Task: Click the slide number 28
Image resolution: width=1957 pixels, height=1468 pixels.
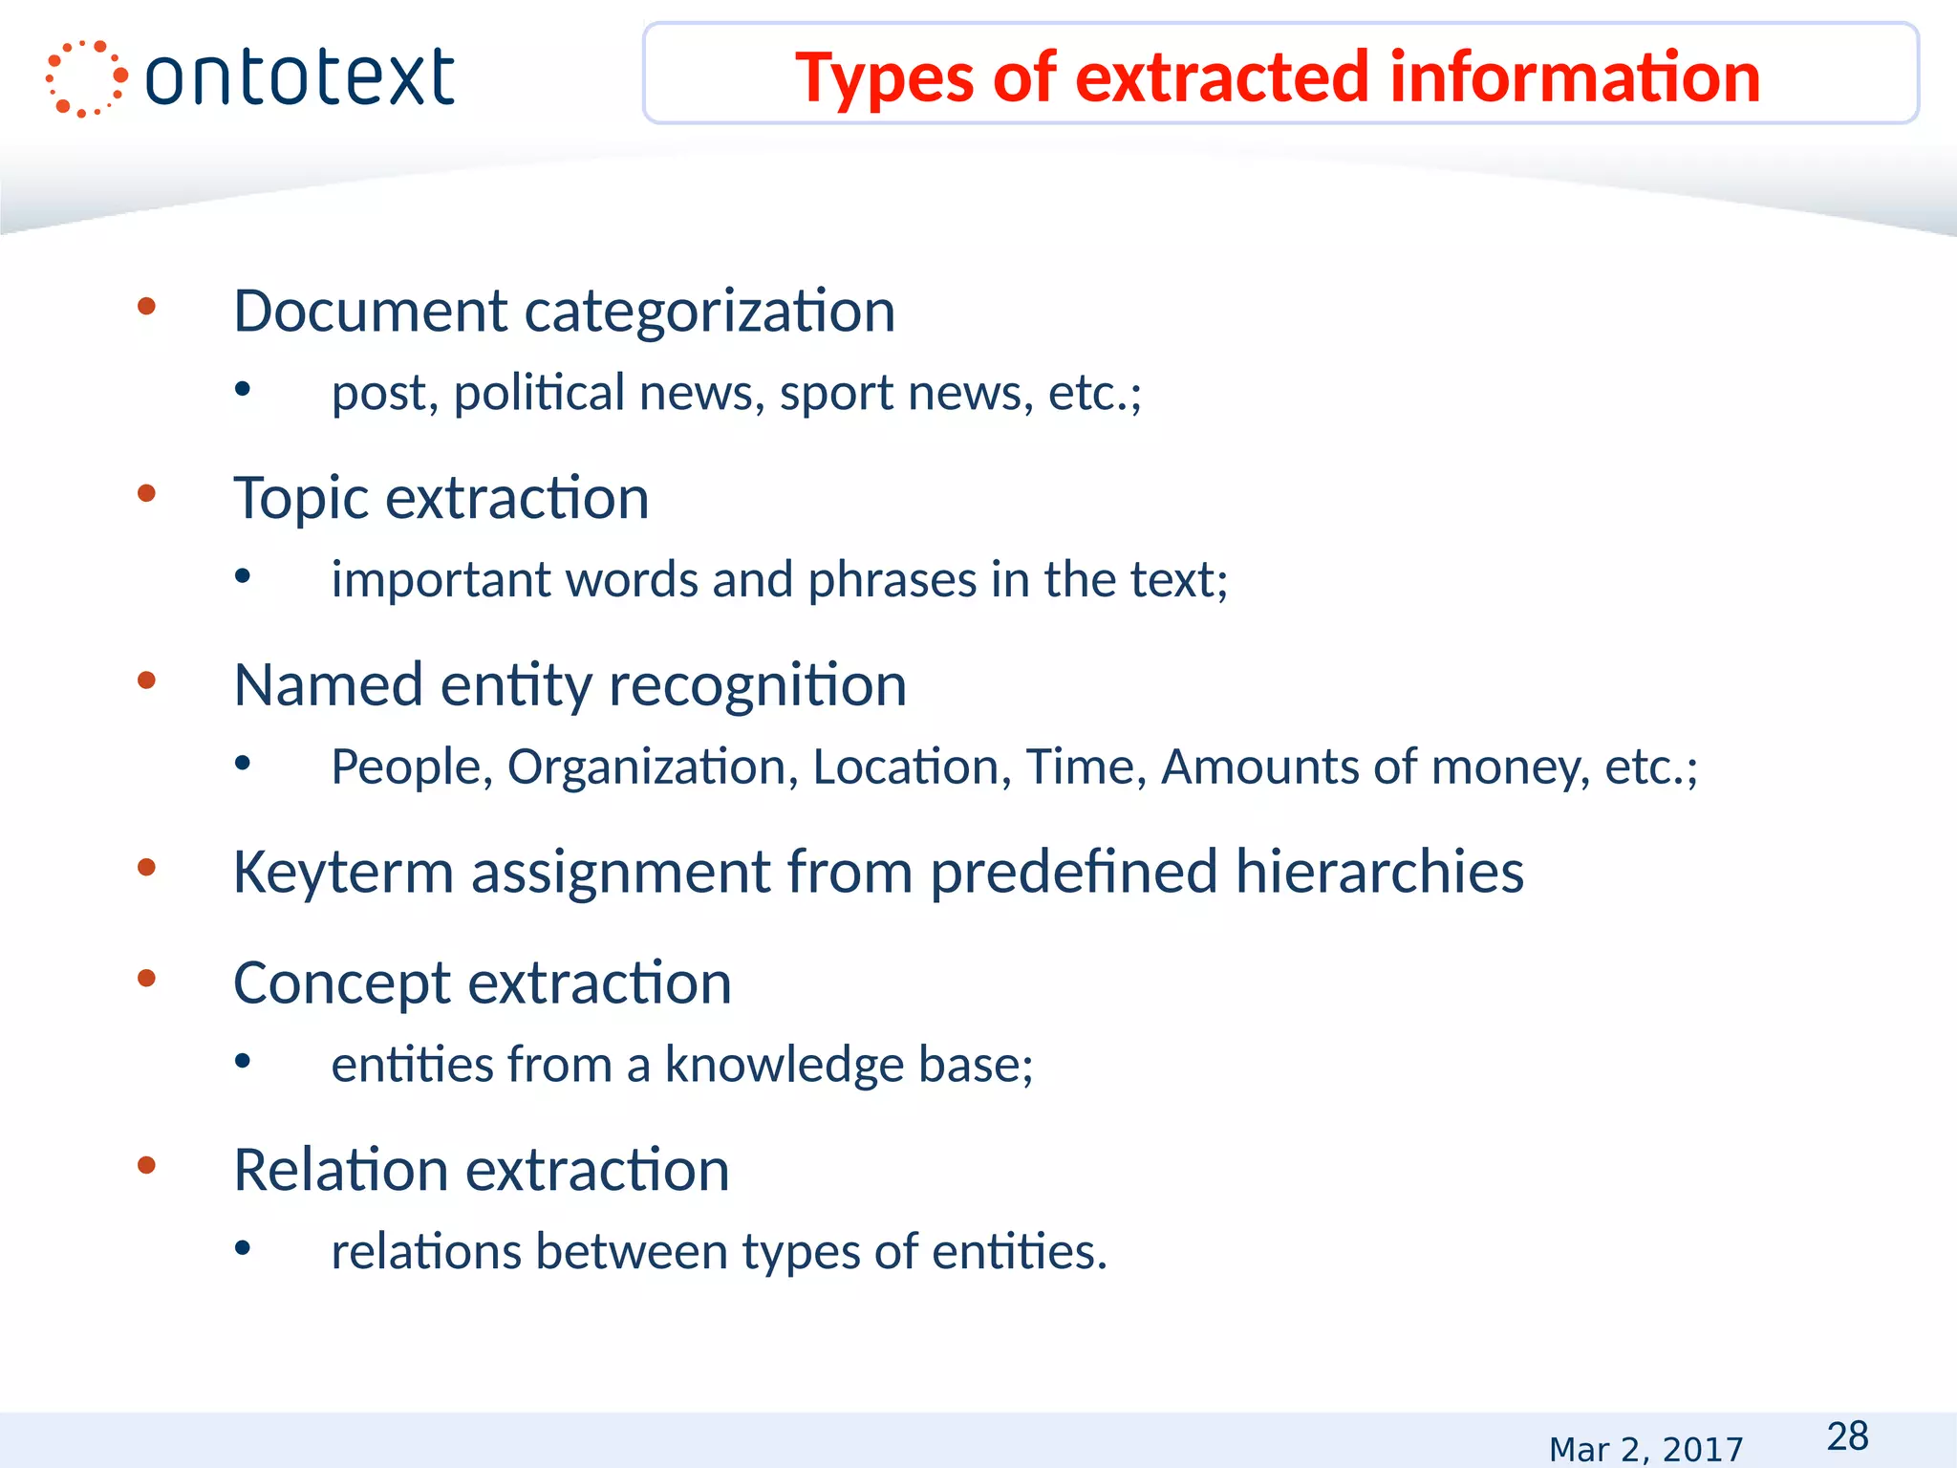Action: point(1847,1436)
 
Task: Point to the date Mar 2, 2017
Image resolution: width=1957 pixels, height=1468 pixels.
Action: point(1645,1449)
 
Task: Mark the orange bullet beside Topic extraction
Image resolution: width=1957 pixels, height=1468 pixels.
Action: point(146,493)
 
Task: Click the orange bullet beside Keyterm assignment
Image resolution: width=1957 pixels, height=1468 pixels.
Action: point(146,867)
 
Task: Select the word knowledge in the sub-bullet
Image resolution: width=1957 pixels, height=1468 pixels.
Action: point(784,1065)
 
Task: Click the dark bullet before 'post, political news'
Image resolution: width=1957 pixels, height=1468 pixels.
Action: point(243,388)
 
